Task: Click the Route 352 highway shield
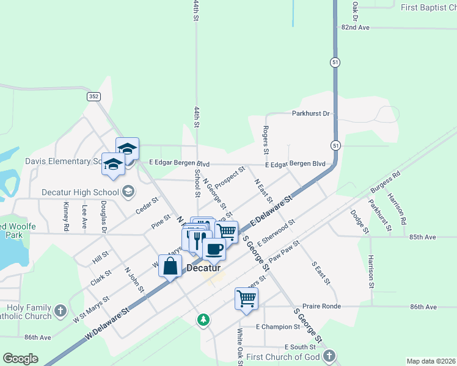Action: tap(93, 96)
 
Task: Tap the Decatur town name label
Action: tap(203, 267)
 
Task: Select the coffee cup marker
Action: tap(214, 249)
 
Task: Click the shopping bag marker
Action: tap(170, 266)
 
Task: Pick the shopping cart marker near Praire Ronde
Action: tap(246, 299)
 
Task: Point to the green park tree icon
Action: tap(203, 319)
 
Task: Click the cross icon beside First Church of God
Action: tap(329, 356)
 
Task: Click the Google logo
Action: tap(20, 359)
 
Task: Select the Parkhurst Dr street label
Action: tap(310, 113)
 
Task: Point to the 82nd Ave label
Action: tap(356, 27)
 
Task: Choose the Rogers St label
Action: tap(266, 140)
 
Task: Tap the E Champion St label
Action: tap(274, 327)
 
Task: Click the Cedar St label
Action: tap(147, 206)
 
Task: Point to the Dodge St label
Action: tap(360, 221)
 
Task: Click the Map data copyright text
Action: tap(431, 361)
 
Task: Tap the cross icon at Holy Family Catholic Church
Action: tap(60, 311)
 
